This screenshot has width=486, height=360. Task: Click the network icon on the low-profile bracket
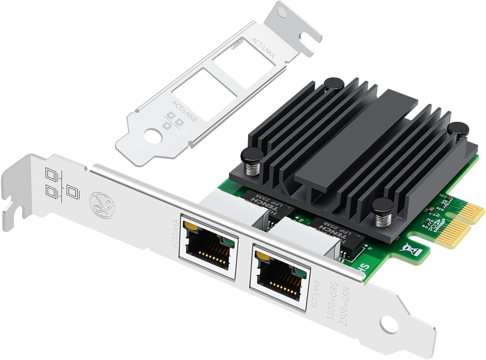pos(173,121)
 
